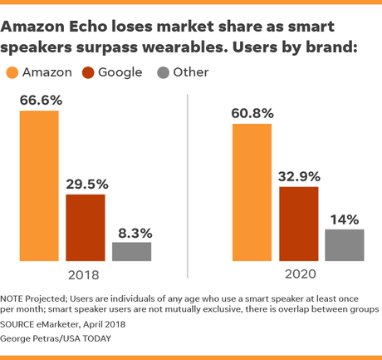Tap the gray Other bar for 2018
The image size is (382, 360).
[x=132, y=252]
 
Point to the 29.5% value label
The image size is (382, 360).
[x=86, y=184]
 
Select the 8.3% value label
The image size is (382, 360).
[x=132, y=233]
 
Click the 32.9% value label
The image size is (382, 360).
[x=299, y=176]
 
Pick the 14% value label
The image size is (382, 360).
[x=344, y=219]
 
